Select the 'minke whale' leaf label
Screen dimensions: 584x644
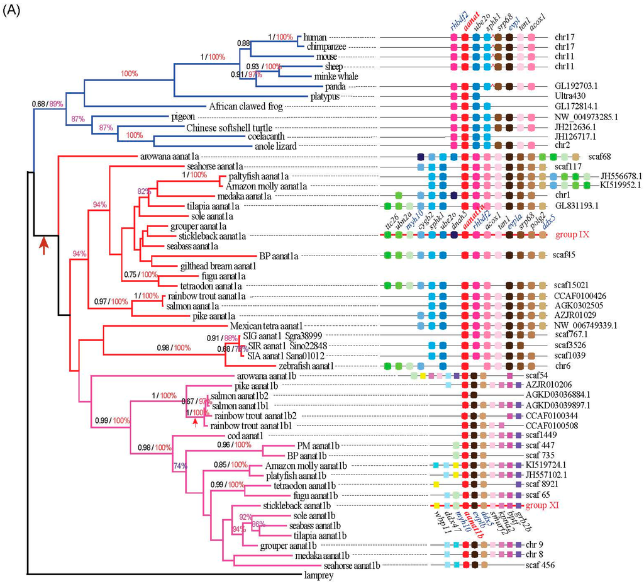coord(334,76)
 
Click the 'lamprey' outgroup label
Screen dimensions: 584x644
coord(321,575)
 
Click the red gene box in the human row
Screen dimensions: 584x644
coord(465,37)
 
